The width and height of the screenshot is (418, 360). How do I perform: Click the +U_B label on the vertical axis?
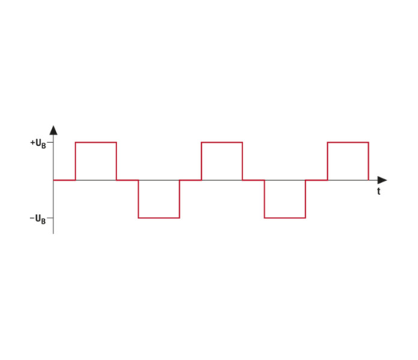tap(38, 144)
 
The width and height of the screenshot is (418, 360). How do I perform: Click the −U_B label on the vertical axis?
tap(38, 219)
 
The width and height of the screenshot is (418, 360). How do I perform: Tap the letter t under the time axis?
tap(378, 191)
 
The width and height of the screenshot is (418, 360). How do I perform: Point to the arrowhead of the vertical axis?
tap(53, 130)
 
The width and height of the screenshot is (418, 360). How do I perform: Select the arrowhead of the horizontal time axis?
tap(382, 180)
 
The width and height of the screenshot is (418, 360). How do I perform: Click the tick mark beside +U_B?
tap(50, 142)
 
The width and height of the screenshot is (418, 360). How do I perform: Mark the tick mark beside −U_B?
tap(50, 218)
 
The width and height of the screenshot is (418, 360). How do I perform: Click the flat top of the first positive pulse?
tap(96, 142)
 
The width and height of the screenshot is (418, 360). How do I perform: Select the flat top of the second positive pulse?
tap(222, 142)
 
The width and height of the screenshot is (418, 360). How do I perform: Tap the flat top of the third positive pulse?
tap(348, 142)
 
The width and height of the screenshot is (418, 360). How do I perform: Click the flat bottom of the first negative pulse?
tap(159, 218)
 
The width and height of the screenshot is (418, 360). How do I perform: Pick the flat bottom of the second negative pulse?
tap(285, 218)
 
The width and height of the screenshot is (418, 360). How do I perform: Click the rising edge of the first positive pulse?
tap(75, 162)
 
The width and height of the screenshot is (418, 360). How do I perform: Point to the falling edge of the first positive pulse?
tap(117, 162)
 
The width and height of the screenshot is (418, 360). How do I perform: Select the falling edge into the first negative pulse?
tap(139, 199)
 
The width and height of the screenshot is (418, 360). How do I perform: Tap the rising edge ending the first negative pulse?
tap(179, 199)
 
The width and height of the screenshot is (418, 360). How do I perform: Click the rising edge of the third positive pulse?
tap(328, 162)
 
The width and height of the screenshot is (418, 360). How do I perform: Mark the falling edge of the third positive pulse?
tap(369, 162)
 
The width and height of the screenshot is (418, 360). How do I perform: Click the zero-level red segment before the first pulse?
tap(65, 180)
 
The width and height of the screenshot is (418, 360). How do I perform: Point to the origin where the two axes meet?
tap(53, 180)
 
